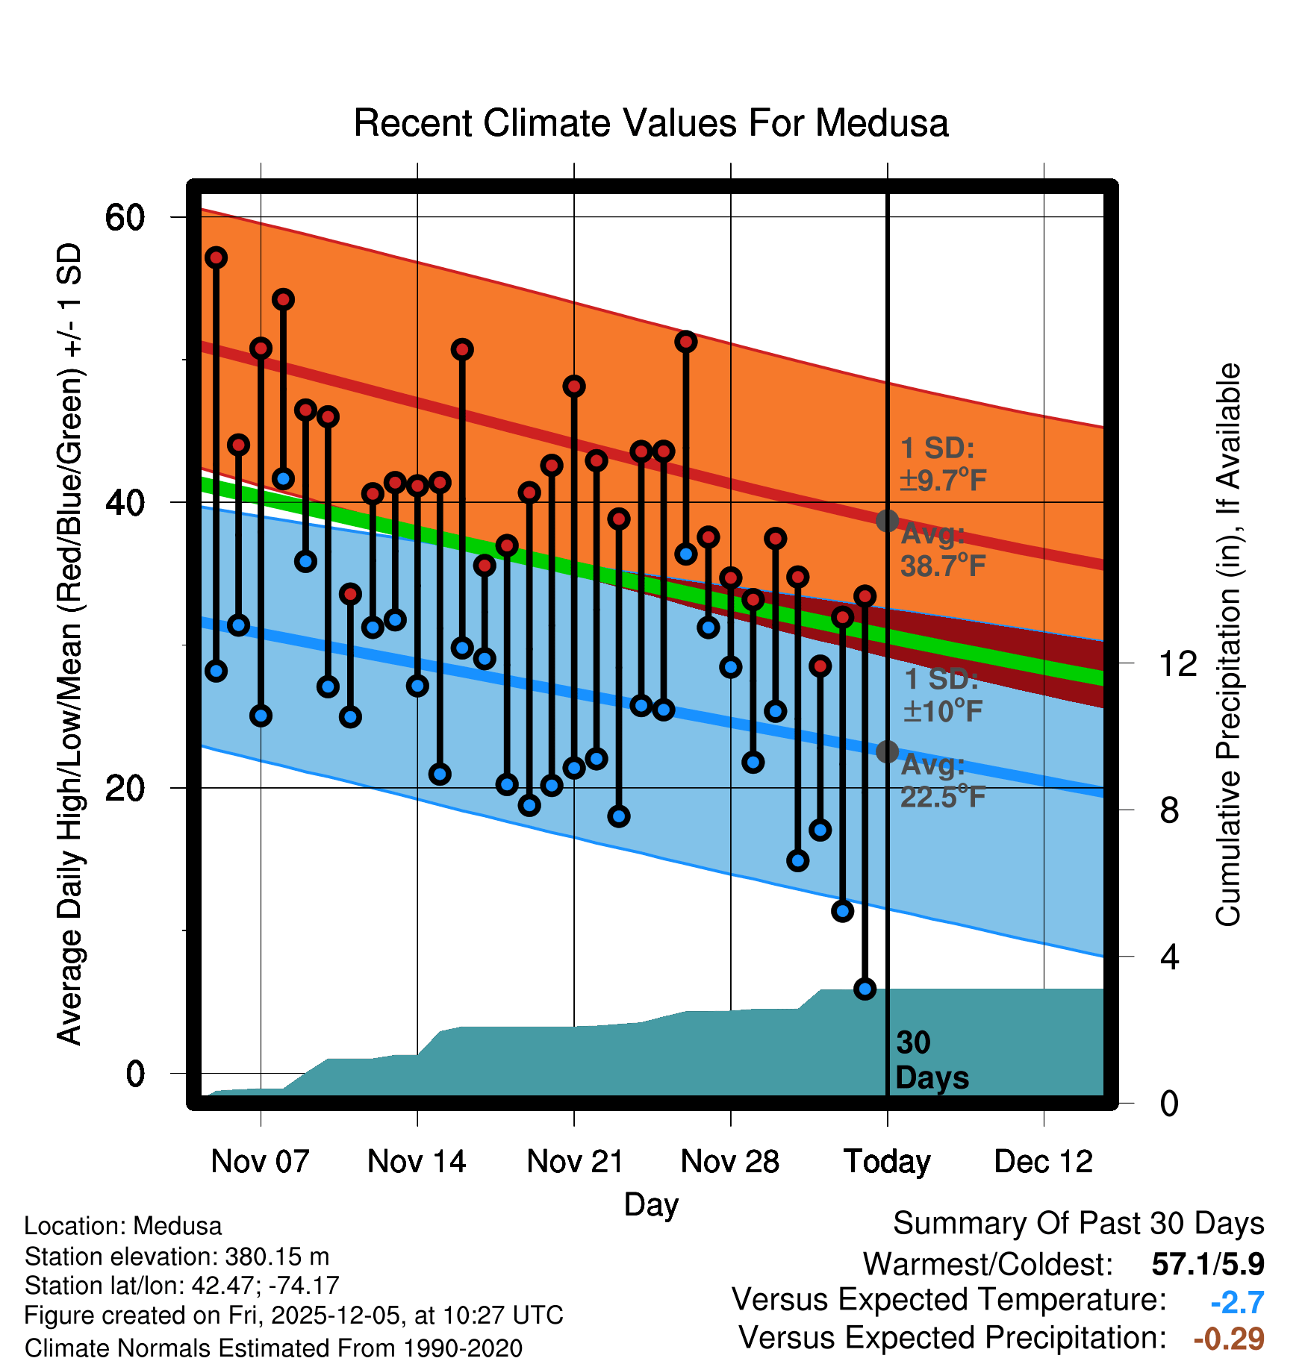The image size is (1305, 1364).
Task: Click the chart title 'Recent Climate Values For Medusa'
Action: (651, 124)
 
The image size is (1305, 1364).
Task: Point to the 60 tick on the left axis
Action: (125, 218)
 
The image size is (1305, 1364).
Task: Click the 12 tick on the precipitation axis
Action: (1177, 663)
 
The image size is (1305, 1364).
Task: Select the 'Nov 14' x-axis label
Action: (417, 1162)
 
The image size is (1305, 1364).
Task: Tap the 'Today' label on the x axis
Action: (887, 1162)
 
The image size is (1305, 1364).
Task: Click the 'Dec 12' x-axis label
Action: (1043, 1162)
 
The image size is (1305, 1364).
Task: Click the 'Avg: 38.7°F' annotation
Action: (942, 551)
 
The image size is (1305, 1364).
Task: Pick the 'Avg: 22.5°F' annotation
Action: (942, 781)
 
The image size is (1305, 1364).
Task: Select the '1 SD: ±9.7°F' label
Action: (942, 464)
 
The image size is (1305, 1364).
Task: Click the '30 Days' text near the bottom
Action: (931, 1060)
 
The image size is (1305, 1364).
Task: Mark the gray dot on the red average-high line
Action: (887, 520)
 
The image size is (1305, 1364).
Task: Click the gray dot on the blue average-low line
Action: (887, 751)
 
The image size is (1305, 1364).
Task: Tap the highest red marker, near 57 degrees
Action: (217, 257)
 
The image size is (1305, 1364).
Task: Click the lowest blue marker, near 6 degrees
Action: (865, 989)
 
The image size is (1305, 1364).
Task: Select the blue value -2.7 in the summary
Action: (1237, 1302)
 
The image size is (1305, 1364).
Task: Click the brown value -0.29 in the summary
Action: (1229, 1339)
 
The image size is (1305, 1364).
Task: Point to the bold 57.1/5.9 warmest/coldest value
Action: (1207, 1264)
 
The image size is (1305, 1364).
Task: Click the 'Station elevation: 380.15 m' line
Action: (177, 1257)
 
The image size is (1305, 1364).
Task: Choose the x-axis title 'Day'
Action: (651, 1204)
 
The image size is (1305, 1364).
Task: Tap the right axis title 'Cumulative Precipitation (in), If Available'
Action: (1228, 645)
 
